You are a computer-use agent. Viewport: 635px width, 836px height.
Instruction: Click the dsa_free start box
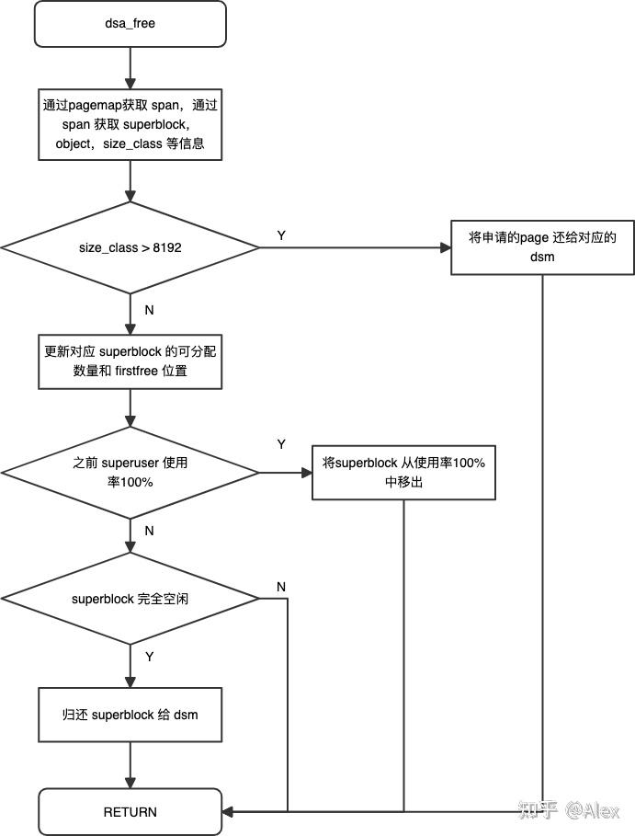(x=130, y=24)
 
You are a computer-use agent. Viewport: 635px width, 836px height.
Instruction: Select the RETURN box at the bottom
(x=130, y=811)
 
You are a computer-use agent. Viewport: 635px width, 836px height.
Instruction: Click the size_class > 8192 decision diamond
(x=130, y=247)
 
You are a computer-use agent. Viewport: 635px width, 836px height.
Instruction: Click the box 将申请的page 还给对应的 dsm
(x=541, y=247)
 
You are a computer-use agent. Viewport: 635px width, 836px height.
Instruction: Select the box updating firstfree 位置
(x=130, y=364)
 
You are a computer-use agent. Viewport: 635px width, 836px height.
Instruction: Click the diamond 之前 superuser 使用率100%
(x=130, y=473)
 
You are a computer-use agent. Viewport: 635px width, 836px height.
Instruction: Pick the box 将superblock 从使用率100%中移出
(x=403, y=473)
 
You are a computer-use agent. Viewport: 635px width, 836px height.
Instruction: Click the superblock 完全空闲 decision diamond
(x=130, y=599)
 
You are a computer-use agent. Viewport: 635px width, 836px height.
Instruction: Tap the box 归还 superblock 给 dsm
(x=130, y=715)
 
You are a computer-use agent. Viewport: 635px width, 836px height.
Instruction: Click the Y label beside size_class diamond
(x=281, y=235)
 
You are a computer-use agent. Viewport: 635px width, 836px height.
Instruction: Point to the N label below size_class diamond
(x=149, y=310)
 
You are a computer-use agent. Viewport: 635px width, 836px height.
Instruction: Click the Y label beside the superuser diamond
(x=281, y=444)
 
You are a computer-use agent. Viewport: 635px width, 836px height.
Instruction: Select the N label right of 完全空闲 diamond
(x=281, y=587)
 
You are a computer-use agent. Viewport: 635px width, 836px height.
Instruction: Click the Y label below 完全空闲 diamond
(x=149, y=656)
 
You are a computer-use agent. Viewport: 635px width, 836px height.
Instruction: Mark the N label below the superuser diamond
(x=149, y=531)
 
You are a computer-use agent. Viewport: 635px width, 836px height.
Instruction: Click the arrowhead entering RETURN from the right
(x=229, y=811)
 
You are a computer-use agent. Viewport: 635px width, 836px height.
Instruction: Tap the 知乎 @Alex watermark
(x=570, y=810)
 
